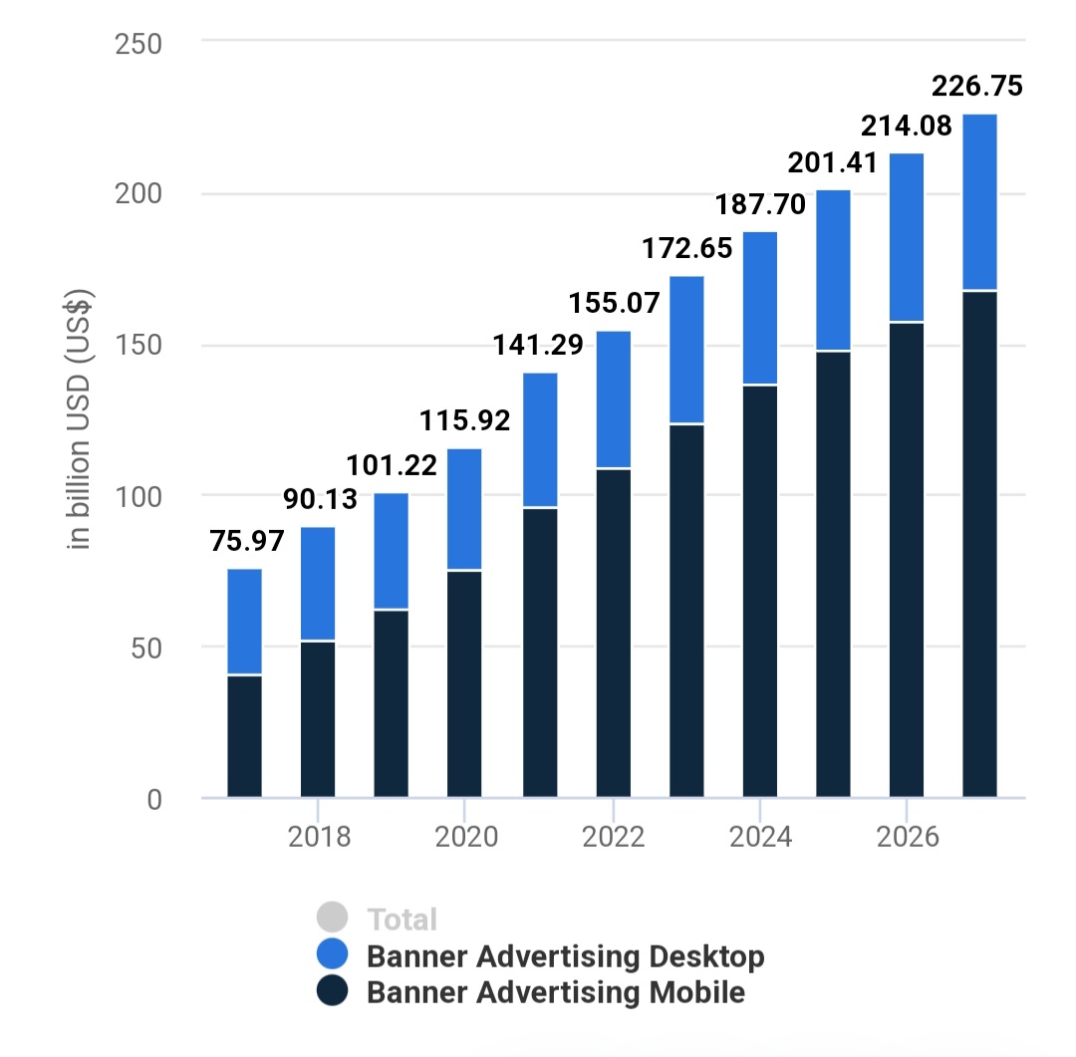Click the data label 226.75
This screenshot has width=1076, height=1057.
976,87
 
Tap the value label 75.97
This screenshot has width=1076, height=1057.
247,541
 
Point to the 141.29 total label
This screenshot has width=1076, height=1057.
539,346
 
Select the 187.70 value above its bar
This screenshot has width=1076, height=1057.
760,205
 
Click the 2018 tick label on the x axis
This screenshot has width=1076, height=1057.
319,837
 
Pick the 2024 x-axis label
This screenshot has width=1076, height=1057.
760,837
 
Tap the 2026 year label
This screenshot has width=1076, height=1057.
907,837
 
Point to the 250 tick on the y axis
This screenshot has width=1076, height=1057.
140,44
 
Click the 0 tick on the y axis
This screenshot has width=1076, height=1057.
153,800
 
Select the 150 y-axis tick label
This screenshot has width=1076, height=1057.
140,346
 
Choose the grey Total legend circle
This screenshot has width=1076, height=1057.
332,919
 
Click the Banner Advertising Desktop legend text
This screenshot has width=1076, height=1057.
565,956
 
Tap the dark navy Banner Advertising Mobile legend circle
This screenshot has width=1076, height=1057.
332,992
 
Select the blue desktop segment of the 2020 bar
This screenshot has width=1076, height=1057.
464,509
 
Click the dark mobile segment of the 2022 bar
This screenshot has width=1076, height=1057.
613,633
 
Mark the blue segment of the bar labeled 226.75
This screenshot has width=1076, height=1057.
979,202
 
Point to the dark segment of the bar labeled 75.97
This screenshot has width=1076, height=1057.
245,736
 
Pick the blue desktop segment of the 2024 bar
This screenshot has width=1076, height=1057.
760,308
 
